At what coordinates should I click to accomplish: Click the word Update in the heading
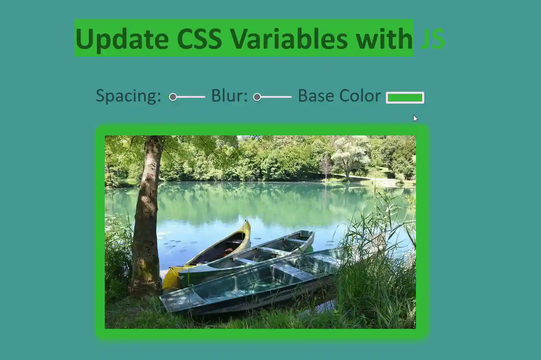point(122,39)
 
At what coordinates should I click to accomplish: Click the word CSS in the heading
point(199,39)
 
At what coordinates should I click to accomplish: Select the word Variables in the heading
point(289,39)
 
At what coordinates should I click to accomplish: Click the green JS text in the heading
point(433,39)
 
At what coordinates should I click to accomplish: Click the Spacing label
point(128,96)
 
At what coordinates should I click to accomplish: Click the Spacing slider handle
point(173,97)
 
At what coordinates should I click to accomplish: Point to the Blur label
point(229,96)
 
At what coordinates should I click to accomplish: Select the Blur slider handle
point(257,97)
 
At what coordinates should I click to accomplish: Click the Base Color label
point(339,96)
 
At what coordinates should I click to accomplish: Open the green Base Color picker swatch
point(405,98)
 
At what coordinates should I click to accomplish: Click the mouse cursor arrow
point(415,118)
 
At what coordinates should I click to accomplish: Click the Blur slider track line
point(277,97)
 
